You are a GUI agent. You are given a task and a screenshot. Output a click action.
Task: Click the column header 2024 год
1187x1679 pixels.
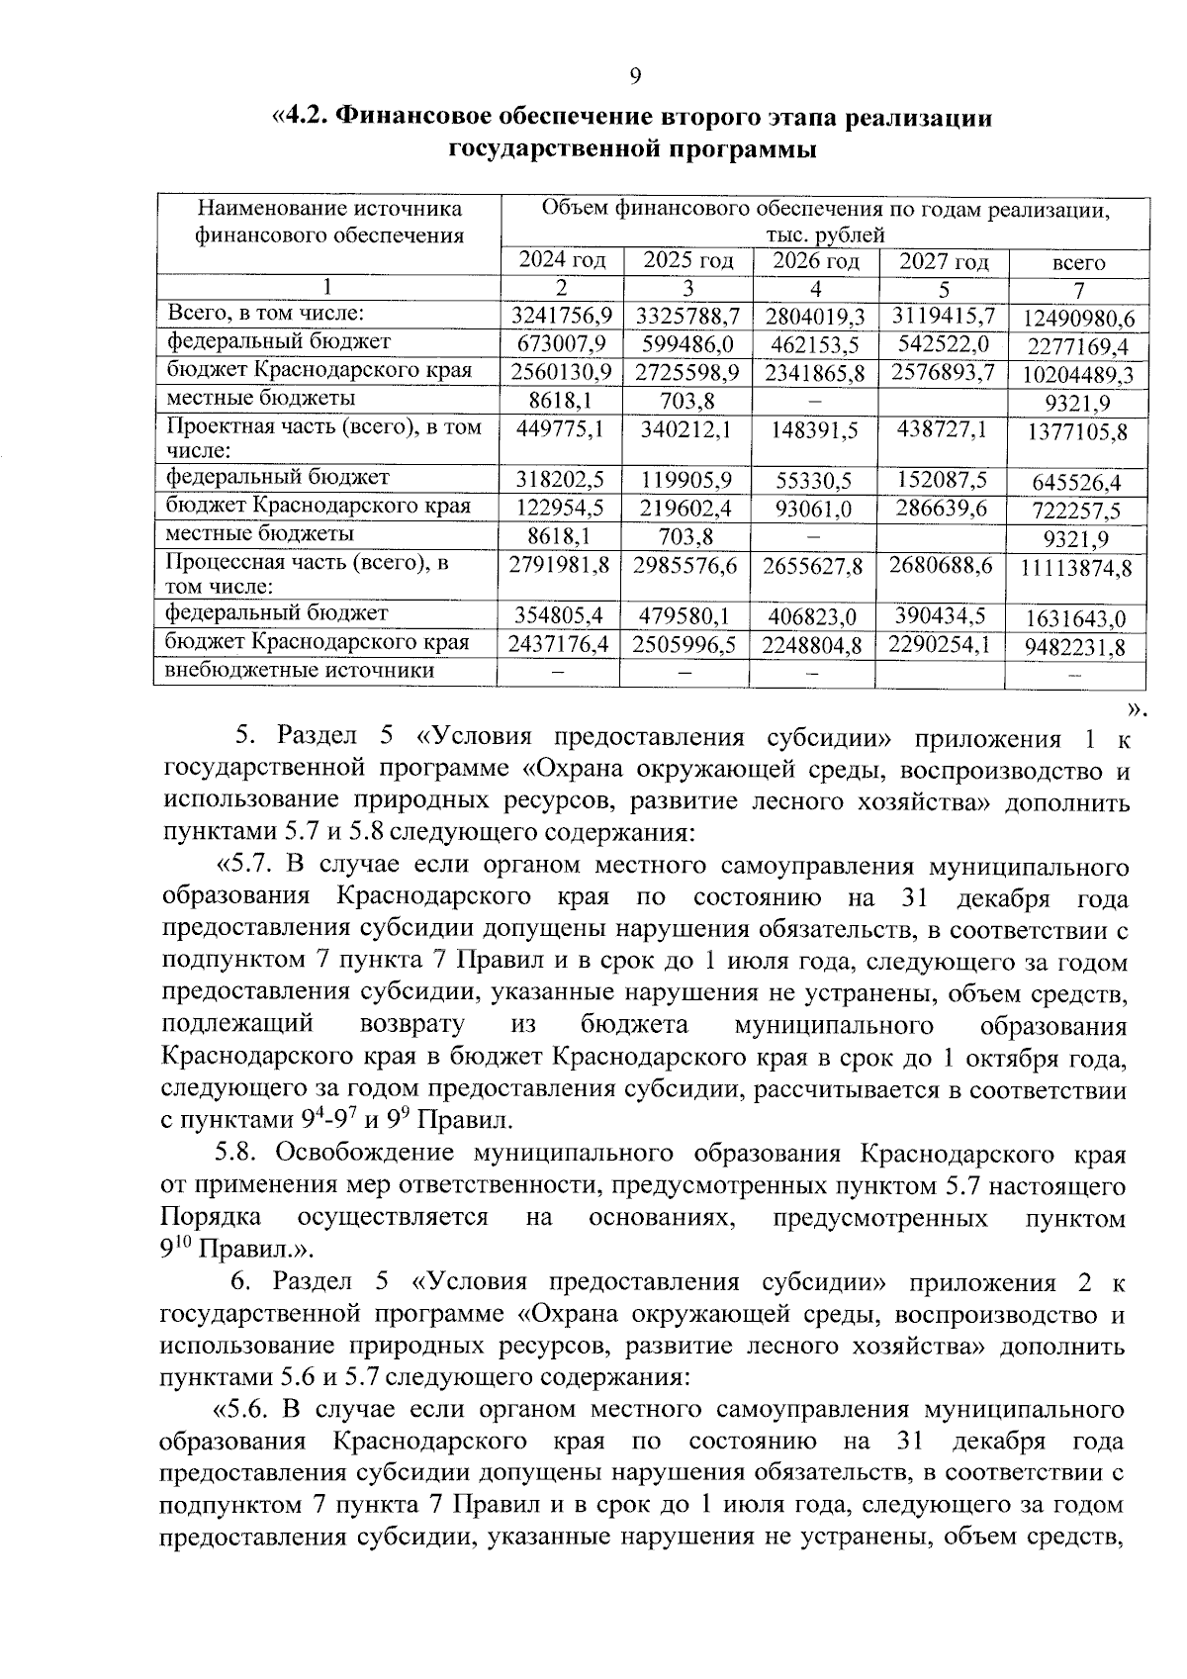[562, 261]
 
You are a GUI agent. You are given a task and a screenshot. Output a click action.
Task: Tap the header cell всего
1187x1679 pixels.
[1078, 264]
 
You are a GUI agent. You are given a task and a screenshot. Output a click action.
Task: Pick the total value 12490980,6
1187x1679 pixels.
[1078, 319]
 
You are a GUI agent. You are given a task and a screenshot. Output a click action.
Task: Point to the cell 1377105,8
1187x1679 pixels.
[1078, 431]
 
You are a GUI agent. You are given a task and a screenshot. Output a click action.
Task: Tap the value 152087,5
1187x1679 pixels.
[942, 480]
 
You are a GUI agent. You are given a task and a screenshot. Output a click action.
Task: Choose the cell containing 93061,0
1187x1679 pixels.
[815, 510]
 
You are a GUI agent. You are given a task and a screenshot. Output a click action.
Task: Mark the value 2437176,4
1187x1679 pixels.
[560, 645]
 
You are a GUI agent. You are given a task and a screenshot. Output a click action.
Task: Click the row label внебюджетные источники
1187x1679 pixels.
[301, 671]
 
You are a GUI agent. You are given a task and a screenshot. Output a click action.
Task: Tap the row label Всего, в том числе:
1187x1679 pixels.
[266, 314]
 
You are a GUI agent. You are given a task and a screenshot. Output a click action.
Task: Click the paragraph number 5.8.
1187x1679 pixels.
[237, 1154]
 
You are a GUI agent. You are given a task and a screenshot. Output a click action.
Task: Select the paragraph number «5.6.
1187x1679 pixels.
[243, 1408]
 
